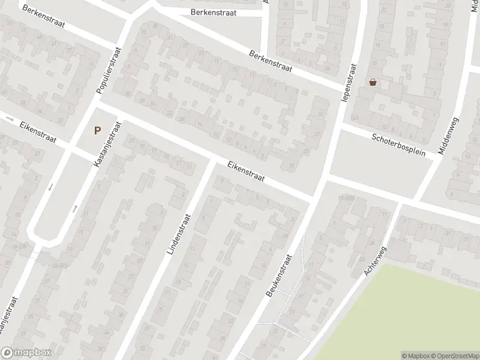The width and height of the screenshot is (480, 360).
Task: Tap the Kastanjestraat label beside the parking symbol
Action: click(x=108, y=144)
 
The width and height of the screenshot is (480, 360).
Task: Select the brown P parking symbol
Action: click(x=97, y=130)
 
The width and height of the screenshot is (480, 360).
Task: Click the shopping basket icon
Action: click(x=373, y=82)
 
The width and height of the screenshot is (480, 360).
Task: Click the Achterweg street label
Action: click(x=376, y=262)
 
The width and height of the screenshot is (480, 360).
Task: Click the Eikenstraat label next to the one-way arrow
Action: click(x=38, y=133)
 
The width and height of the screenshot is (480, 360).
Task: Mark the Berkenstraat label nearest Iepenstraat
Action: click(x=271, y=61)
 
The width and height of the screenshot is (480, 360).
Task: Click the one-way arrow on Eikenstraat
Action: click(x=9, y=118)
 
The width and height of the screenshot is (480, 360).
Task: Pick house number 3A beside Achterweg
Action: click(x=371, y=243)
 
